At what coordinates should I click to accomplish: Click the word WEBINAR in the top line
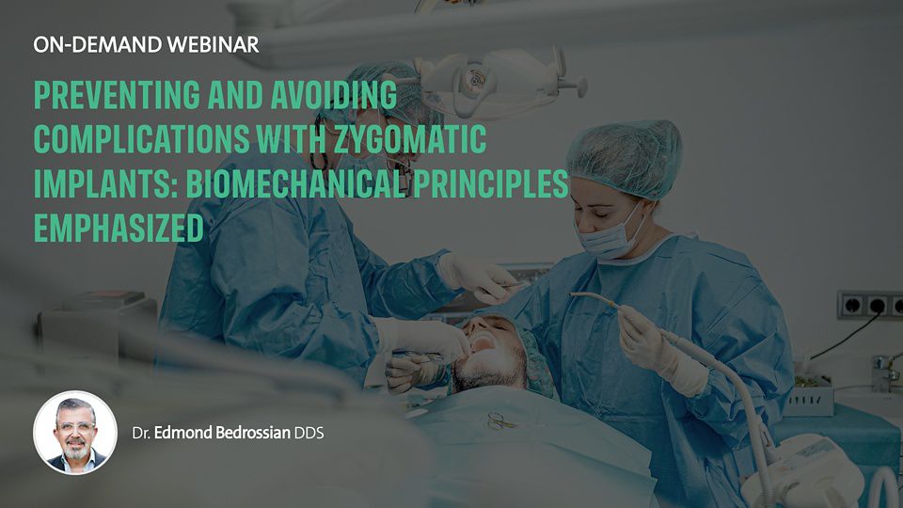click(213, 45)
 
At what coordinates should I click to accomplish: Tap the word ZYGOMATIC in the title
click(411, 139)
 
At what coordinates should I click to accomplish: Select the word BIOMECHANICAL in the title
click(296, 183)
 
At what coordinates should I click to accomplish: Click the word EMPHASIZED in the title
click(119, 228)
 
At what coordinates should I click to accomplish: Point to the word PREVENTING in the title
click(117, 95)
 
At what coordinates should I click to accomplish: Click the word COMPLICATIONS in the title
click(142, 139)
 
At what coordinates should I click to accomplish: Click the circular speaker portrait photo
click(75, 433)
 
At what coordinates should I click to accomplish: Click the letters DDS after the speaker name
click(309, 433)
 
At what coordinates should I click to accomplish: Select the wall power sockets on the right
click(869, 305)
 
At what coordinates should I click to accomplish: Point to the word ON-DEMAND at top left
click(97, 45)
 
